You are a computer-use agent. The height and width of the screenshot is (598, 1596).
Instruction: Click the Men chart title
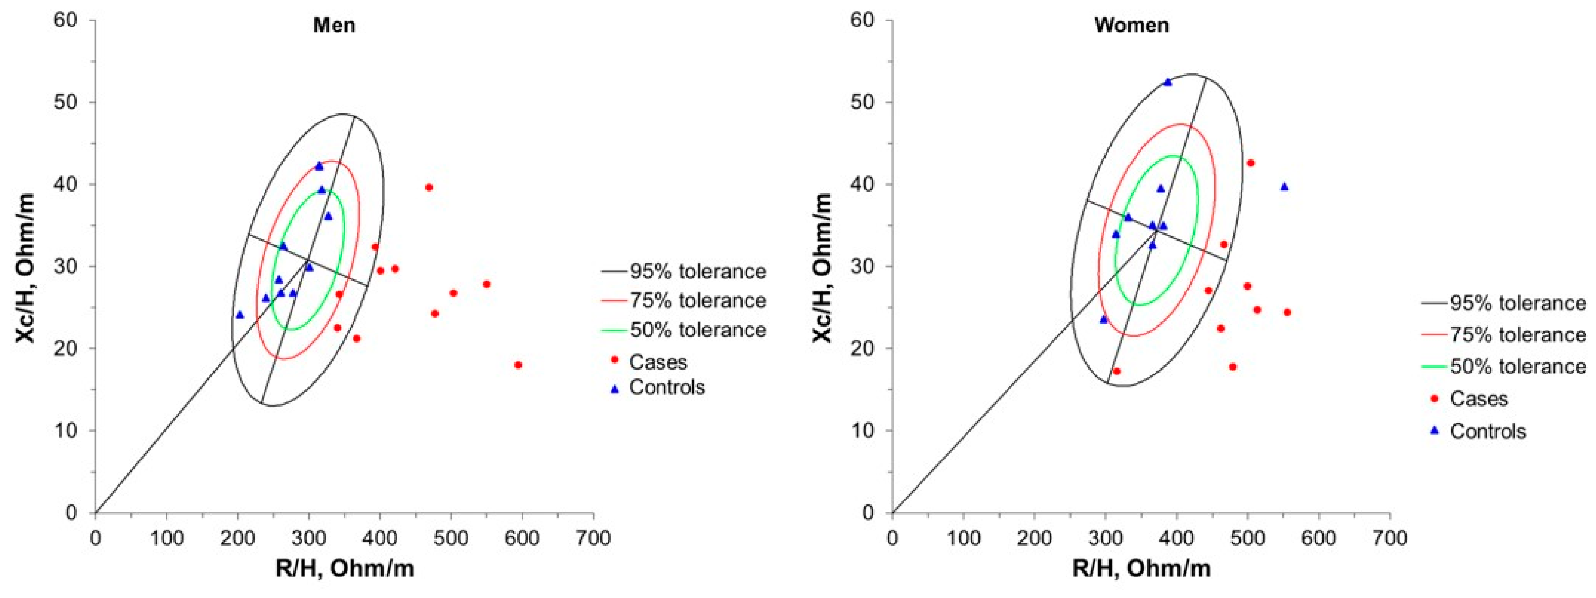point(334,25)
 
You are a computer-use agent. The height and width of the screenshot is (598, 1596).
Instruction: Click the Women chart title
point(1131,25)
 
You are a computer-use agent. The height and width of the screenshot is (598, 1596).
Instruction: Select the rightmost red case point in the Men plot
point(518,365)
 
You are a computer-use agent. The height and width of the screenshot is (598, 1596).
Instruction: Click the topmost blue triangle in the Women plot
point(1167,82)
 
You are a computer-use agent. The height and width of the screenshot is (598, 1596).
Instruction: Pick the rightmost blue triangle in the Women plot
point(1284,186)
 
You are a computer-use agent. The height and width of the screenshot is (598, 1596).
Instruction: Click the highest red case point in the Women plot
point(1250,163)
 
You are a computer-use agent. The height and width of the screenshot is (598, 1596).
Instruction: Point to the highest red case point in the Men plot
point(429,187)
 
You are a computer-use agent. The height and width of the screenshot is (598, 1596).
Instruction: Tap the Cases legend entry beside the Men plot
point(657,362)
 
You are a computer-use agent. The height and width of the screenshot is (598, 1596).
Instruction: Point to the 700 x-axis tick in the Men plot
point(593,538)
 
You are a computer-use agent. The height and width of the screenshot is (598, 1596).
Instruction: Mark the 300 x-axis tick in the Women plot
point(1105,538)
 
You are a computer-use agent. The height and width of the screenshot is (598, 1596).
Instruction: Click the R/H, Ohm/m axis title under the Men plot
point(344,568)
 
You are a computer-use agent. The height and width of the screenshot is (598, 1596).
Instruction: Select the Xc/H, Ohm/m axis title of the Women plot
point(823,266)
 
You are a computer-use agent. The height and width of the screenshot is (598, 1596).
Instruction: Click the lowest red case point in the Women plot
point(1117,371)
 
